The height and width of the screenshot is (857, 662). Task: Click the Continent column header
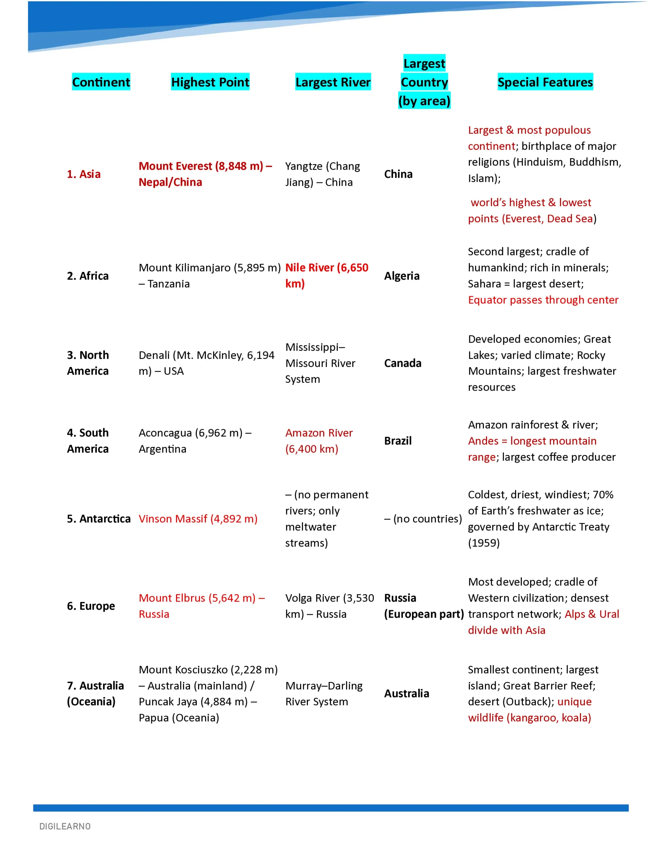click(101, 82)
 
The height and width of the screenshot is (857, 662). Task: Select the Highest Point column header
click(210, 82)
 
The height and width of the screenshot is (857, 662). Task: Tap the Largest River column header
click(333, 82)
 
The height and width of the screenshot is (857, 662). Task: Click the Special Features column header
click(545, 82)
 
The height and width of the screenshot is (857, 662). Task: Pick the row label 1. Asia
click(84, 174)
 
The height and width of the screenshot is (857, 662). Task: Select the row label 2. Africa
click(87, 276)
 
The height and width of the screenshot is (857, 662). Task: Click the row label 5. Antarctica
click(98, 518)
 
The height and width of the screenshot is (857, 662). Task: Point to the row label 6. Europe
click(91, 606)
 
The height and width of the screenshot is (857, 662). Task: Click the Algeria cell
click(401, 276)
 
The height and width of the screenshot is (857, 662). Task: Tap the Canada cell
click(403, 363)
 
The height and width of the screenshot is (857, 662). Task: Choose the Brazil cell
click(398, 441)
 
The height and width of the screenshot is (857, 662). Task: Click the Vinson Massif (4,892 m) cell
click(198, 518)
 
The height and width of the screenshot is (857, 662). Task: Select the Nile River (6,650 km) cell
click(327, 275)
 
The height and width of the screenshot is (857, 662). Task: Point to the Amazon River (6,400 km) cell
click(319, 441)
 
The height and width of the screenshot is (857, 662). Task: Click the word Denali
click(154, 355)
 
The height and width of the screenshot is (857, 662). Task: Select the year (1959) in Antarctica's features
click(484, 543)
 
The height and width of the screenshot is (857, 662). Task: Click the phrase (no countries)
click(427, 518)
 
